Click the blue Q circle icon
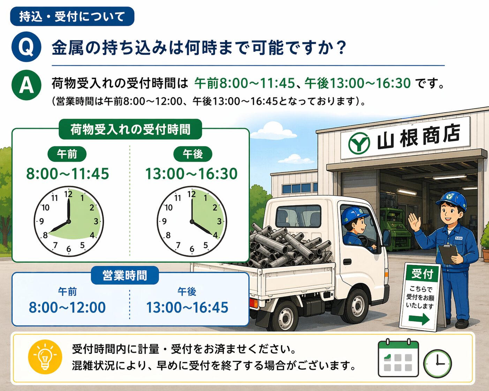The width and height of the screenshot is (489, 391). click(27, 47)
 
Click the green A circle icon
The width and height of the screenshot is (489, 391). click(27, 85)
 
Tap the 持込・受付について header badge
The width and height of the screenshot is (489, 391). click(72, 16)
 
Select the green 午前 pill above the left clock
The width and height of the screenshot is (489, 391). click(67, 154)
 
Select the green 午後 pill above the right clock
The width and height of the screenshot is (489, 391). click(193, 154)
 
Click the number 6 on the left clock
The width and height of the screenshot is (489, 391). click(69, 249)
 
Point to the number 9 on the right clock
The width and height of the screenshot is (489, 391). click(164, 221)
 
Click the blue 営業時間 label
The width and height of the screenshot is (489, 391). click(125, 275)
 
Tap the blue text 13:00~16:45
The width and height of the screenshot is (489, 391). click(187, 307)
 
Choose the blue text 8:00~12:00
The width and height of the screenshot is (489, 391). click(67, 307)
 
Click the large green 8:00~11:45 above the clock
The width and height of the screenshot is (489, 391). click(68, 174)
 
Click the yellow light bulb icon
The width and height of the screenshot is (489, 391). click(45, 357)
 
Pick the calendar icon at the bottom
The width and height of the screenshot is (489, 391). click(398, 358)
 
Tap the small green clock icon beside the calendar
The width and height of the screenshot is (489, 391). click(437, 363)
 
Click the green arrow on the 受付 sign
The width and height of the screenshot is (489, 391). click(419, 319)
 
